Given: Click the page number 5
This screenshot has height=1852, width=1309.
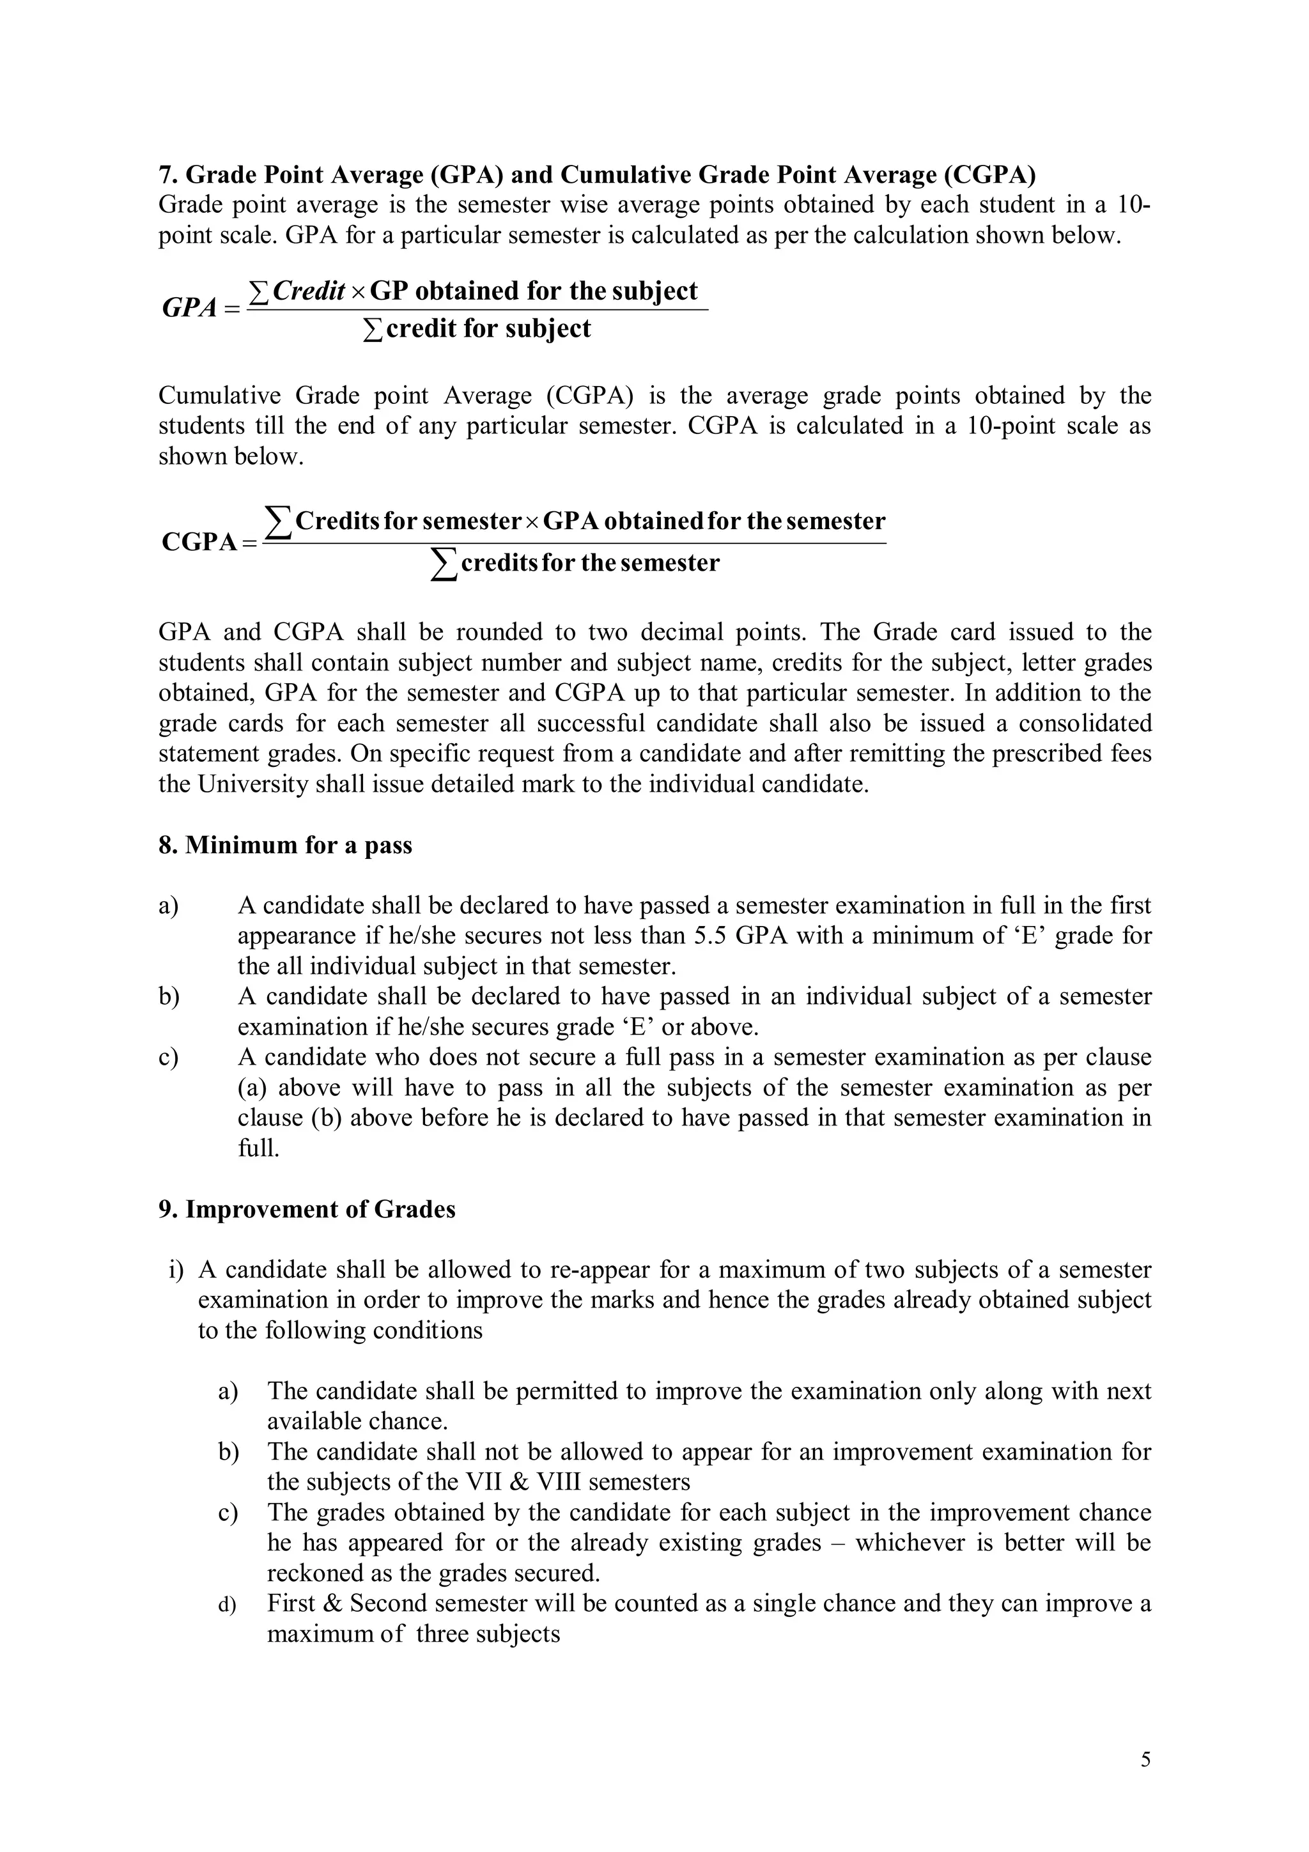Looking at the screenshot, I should [x=1145, y=1760].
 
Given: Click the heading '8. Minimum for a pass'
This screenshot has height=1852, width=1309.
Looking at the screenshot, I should [x=286, y=845].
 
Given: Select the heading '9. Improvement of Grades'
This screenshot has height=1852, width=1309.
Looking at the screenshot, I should [x=307, y=1231].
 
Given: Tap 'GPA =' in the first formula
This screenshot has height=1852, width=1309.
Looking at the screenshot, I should [x=200, y=308].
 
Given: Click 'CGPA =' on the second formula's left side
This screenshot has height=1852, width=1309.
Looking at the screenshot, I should [x=208, y=542].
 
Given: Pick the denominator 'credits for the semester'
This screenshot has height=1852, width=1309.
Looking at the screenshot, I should [x=589, y=562].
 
